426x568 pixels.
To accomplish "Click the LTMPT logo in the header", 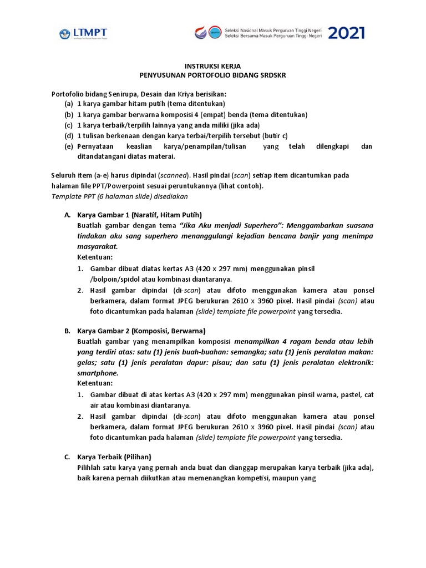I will click(84, 34).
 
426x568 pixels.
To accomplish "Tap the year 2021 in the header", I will click(346, 33).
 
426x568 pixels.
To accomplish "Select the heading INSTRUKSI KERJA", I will click(213, 65).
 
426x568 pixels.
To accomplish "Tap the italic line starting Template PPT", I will click(120, 196).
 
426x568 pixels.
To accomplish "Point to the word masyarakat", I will click(97, 247).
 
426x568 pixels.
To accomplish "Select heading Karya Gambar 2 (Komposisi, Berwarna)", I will click(141, 331).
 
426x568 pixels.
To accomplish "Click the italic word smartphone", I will click(98, 373).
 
